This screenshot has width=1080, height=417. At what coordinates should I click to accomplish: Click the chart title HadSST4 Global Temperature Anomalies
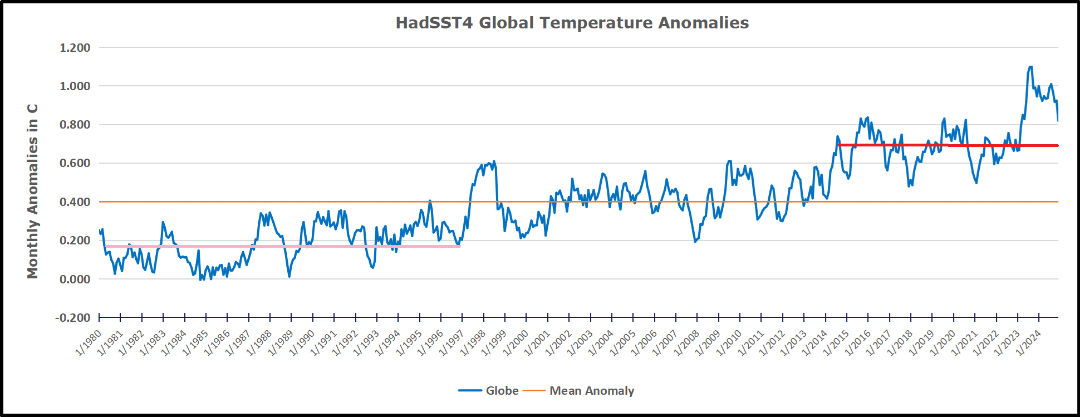point(572,23)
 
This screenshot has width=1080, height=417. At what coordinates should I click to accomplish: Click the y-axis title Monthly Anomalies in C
point(33,191)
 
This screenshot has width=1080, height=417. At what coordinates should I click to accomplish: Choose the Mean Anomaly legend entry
point(579,391)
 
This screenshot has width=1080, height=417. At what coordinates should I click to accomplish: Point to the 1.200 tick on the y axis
point(75,48)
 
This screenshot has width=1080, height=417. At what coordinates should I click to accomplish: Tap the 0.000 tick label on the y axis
point(75,279)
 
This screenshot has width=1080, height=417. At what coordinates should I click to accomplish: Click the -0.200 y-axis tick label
point(72,318)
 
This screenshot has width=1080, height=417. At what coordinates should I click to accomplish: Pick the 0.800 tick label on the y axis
point(75,125)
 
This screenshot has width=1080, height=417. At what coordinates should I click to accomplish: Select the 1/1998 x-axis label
point(473,342)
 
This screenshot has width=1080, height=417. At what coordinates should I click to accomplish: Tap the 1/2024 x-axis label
point(1029,342)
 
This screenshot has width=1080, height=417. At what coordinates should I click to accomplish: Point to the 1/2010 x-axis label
point(730,342)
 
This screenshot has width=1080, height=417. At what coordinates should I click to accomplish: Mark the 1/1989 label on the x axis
point(281,342)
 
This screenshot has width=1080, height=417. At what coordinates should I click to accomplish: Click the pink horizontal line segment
point(278,246)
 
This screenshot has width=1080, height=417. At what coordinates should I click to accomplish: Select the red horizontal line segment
point(946,145)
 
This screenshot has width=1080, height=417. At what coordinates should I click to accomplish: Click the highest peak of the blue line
point(1030,67)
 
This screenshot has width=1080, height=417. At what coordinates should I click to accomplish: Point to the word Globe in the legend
point(502,391)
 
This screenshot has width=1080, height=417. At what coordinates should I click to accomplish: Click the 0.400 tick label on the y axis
point(75,202)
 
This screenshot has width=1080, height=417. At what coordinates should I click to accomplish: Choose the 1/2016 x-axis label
point(858,342)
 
